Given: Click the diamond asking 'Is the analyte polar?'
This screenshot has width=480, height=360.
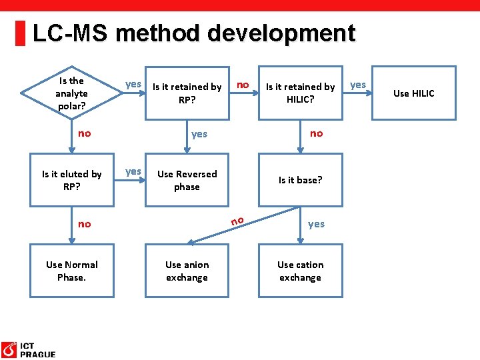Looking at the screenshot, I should [71, 93].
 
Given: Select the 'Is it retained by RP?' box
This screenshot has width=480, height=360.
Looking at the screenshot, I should [187, 93].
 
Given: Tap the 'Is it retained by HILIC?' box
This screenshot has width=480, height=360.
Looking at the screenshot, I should [301, 93].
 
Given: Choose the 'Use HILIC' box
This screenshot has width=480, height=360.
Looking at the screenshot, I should [413, 93].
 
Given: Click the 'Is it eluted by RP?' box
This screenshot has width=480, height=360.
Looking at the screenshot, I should [72, 180].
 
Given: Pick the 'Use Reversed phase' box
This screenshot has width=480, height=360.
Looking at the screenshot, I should [187, 180].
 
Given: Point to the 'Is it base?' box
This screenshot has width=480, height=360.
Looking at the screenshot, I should [301, 180].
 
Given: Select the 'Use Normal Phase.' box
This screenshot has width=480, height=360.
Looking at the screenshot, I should [72, 271].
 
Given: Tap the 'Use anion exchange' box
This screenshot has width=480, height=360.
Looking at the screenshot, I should [187, 271].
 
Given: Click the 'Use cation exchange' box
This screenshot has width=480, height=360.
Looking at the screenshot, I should [301, 271].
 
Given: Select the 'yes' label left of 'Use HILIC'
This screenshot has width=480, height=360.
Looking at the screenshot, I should [358, 85].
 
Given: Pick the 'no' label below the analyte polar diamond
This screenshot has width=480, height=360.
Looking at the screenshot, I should [85, 133].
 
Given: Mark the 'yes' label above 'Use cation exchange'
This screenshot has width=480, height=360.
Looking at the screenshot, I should [316, 224].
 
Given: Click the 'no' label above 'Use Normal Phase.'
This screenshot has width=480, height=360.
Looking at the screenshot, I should [85, 224].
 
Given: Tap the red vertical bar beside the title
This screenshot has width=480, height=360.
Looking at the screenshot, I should [21, 33].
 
